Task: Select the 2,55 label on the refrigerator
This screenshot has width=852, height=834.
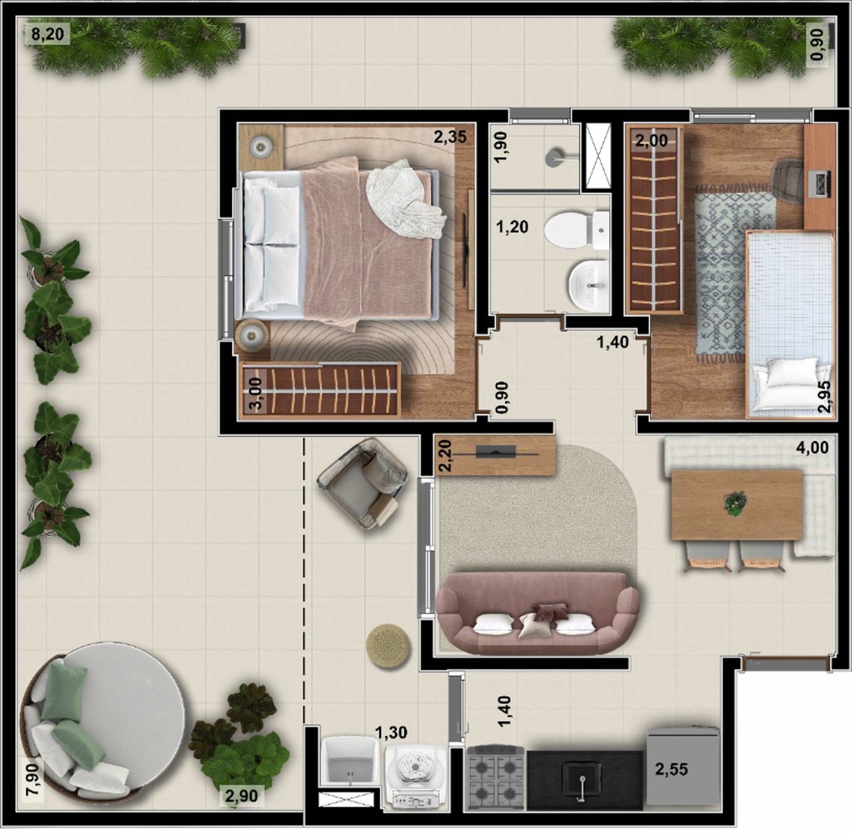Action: click(x=671, y=769)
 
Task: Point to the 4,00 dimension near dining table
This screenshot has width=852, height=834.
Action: click(x=812, y=447)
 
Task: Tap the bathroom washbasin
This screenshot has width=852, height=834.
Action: click(x=590, y=284)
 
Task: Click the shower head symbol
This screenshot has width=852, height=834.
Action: click(x=555, y=156)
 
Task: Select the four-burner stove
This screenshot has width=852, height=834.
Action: click(x=497, y=777)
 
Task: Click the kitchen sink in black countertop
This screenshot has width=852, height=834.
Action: click(x=582, y=777)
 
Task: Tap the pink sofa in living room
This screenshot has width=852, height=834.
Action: click(x=537, y=612)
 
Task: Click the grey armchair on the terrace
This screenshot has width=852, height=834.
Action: click(x=363, y=484)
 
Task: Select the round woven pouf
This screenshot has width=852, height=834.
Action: click(x=389, y=644)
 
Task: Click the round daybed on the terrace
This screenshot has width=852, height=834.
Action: click(x=104, y=717)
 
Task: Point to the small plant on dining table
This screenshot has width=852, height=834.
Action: click(x=735, y=502)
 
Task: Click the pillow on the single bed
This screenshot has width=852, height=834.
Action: click(x=791, y=372)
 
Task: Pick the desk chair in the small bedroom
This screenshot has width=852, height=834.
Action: click(x=787, y=180)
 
